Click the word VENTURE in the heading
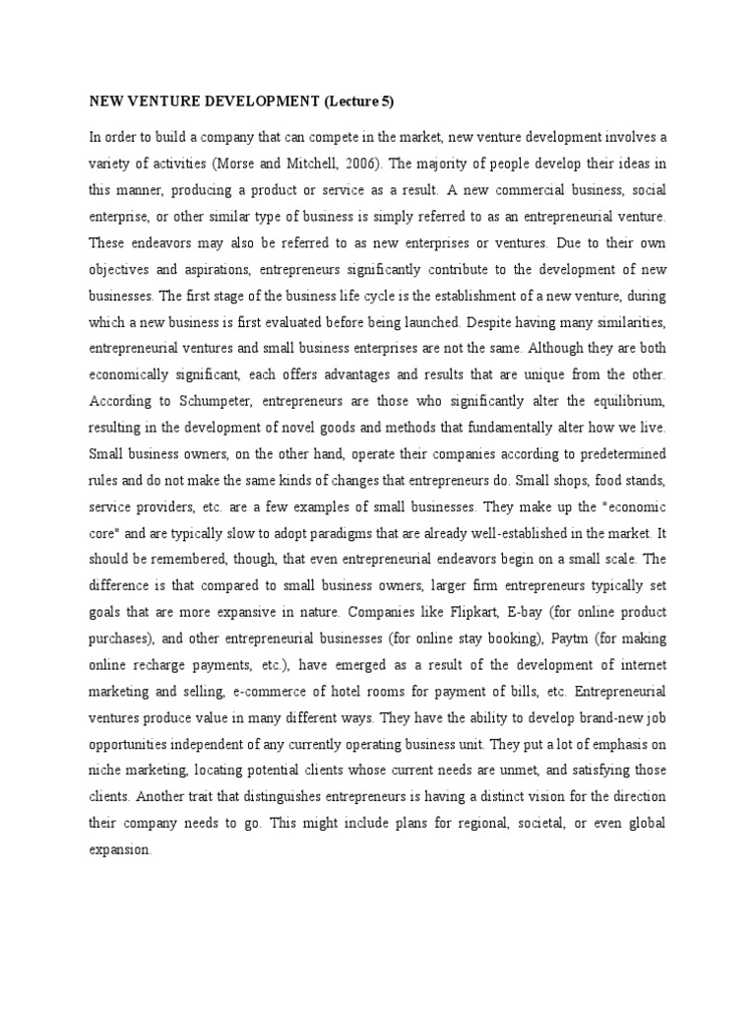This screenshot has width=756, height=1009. [160, 100]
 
